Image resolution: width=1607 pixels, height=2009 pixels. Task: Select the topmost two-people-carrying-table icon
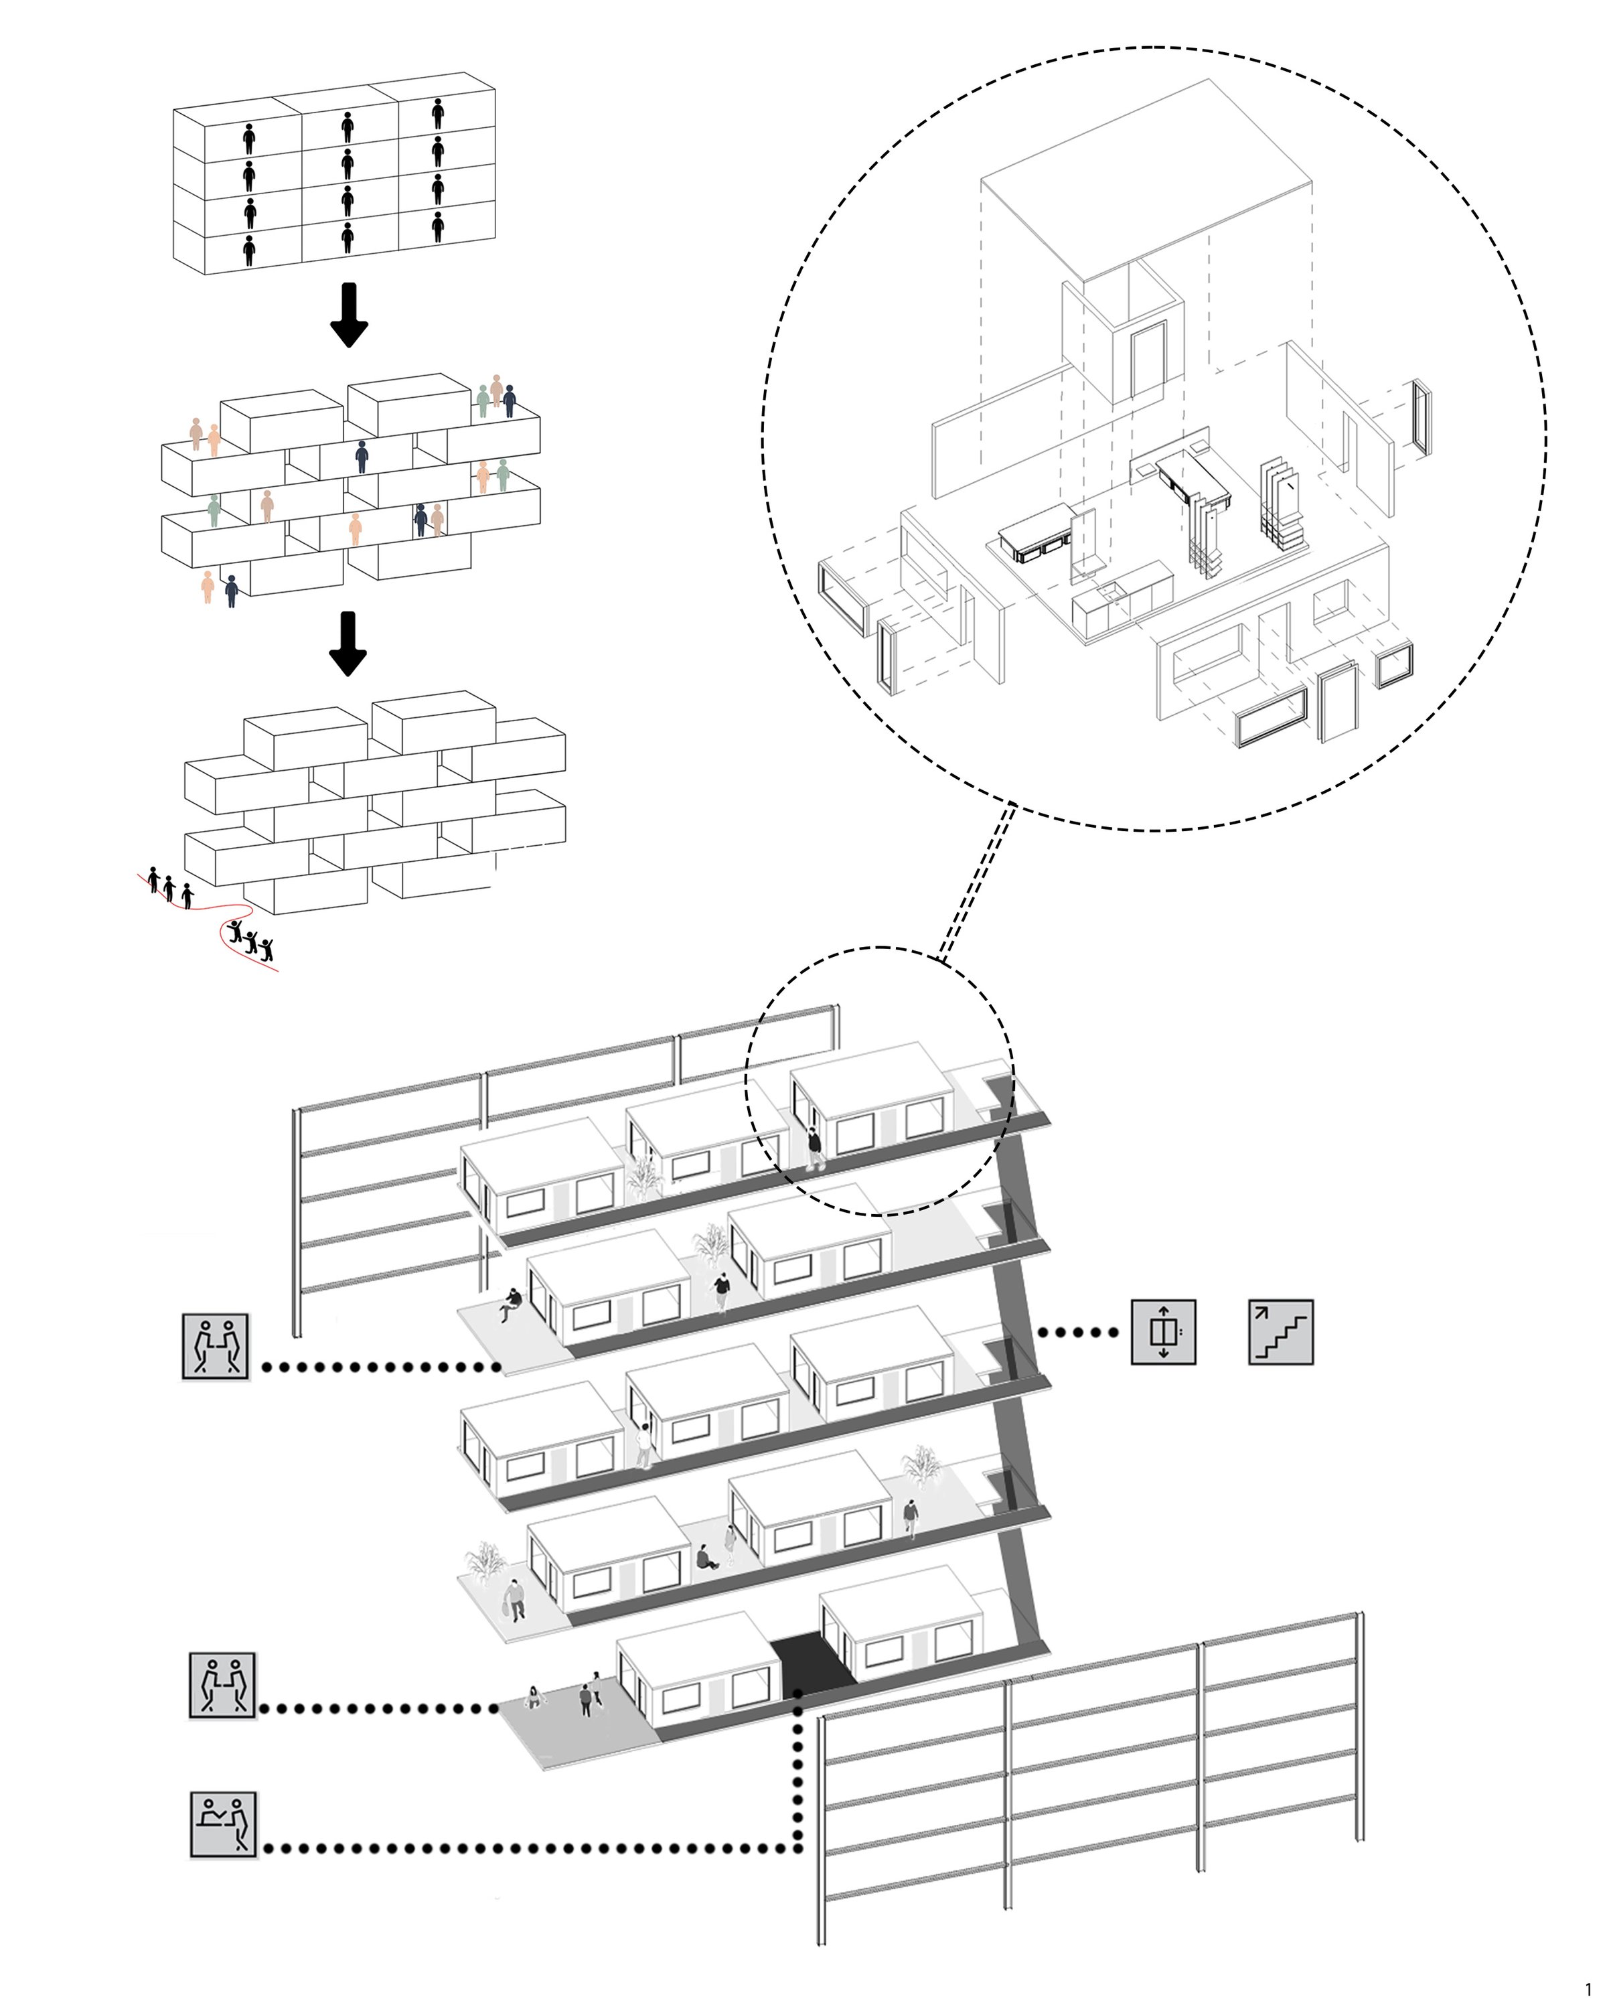(215, 1345)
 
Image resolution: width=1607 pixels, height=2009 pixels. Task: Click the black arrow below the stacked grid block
(350, 315)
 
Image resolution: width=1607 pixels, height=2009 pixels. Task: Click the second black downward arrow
(348, 643)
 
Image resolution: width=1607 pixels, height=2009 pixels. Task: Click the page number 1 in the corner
(1588, 1988)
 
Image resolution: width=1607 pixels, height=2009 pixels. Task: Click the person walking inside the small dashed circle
(814, 1148)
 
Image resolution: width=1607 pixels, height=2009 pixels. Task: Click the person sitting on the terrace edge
(510, 1304)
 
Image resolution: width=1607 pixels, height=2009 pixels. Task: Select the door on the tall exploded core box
(1148, 360)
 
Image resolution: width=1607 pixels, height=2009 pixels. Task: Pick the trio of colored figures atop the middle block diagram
(495, 396)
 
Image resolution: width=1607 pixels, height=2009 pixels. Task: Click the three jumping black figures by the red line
(250, 938)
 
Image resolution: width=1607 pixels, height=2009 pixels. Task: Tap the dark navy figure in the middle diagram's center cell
(362, 457)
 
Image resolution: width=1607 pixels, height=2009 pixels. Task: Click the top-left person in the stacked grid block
(248, 138)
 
